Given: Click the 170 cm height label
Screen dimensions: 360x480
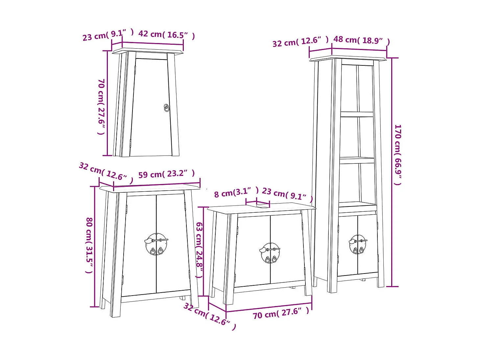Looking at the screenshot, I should [398, 155].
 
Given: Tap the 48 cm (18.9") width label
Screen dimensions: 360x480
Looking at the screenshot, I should [361, 40].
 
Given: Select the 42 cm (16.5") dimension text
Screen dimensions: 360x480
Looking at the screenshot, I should [166, 35].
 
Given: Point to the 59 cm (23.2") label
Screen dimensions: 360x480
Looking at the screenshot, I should [166, 174].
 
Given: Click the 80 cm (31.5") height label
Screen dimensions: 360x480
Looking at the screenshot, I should [89, 245].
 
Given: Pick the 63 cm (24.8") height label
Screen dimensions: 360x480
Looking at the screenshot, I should [199, 250].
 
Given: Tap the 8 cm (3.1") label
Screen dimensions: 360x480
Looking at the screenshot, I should [236, 192].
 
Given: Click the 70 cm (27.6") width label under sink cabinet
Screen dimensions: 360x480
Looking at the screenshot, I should [281, 313].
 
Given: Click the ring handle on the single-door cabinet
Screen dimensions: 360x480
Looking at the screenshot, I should [167, 108].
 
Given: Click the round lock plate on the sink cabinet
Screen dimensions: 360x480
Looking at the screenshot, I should [270, 253].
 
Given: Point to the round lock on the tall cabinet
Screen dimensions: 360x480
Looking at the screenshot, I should [358, 244].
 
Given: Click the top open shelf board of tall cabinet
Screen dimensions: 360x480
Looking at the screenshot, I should [357, 114].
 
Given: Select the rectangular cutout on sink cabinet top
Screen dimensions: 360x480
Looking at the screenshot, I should [262, 206].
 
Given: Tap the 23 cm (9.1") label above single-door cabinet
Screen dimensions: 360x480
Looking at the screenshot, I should [108, 35].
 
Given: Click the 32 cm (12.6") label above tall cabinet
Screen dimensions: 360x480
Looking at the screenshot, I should [300, 42].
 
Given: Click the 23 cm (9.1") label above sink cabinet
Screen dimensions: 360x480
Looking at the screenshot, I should [287, 194].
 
